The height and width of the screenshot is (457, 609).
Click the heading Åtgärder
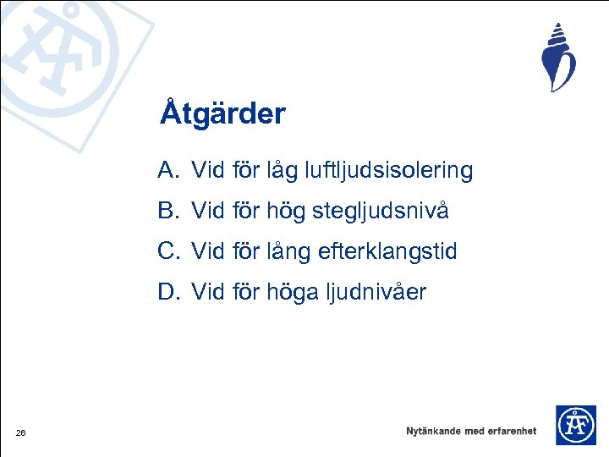223,113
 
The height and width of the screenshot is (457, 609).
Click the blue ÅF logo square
575,425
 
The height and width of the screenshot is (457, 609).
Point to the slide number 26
20,434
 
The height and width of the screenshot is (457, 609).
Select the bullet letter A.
167,171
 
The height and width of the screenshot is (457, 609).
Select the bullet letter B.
167,212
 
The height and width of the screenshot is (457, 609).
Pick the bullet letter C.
167,252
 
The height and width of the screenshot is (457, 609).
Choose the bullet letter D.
167,293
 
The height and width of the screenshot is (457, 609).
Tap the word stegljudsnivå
381,212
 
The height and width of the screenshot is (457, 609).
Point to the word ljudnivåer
378,293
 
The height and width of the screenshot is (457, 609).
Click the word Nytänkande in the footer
434,431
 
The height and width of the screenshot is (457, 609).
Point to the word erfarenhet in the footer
507,431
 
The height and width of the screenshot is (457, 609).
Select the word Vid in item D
207,293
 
